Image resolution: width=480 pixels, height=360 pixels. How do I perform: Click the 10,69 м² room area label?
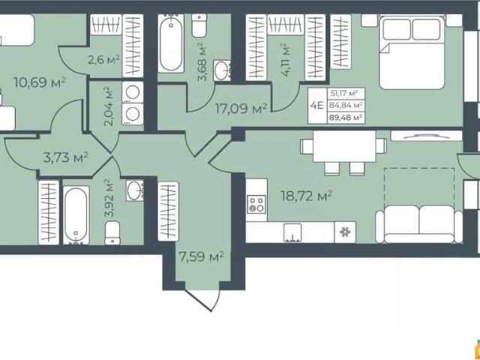point(40,82)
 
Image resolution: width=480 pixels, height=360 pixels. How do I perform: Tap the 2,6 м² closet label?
point(103,59)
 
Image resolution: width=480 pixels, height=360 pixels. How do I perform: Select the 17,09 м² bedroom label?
point(241,108)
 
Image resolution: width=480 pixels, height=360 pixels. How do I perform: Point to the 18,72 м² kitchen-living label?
point(307,196)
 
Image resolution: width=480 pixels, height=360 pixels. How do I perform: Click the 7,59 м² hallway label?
point(202,256)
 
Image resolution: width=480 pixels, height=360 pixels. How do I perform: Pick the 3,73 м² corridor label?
point(66,158)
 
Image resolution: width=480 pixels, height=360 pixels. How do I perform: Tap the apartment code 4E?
point(316,106)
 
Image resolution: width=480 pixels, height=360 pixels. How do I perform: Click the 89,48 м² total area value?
point(346,117)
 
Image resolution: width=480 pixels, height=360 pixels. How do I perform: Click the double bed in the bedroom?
point(412,53)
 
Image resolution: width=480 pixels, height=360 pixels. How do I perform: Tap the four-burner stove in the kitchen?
point(256,204)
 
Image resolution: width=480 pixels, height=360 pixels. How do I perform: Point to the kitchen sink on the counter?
point(292,233)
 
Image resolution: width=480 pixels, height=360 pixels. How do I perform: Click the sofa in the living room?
point(419,224)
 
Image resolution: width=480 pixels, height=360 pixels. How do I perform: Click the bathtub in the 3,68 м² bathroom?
point(171,43)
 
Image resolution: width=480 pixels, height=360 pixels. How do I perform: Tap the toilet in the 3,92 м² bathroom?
point(112,232)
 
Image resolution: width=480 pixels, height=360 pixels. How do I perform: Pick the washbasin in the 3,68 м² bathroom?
point(222,70)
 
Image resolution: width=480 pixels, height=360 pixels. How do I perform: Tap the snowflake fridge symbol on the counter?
point(345,232)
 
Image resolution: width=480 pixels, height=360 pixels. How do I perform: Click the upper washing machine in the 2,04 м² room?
point(133,91)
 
